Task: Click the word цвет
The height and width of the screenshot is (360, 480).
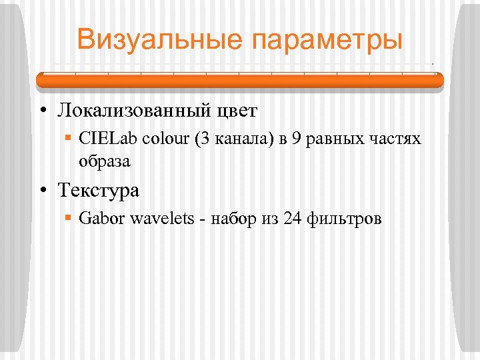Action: pyautogui.click(x=237, y=110)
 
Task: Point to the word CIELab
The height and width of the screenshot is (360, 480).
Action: pyautogui.click(x=102, y=139)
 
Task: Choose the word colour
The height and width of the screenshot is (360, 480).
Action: pyautogui.click(x=154, y=139)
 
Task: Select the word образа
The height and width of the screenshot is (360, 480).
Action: pyautogui.click(x=104, y=161)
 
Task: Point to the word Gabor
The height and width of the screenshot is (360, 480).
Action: pyautogui.click(x=99, y=219)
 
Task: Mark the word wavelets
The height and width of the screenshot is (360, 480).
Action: pyautogui.click(x=160, y=219)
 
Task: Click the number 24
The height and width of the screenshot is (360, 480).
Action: pyautogui.click(x=293, y=219)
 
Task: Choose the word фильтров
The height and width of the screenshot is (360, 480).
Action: pyautogui.click(x=345, y=219)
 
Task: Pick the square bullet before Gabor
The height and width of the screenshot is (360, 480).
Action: pyautogui.click(x=69, y=219)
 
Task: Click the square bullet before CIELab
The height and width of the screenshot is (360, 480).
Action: pyautogui.click(x=69, y=139)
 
